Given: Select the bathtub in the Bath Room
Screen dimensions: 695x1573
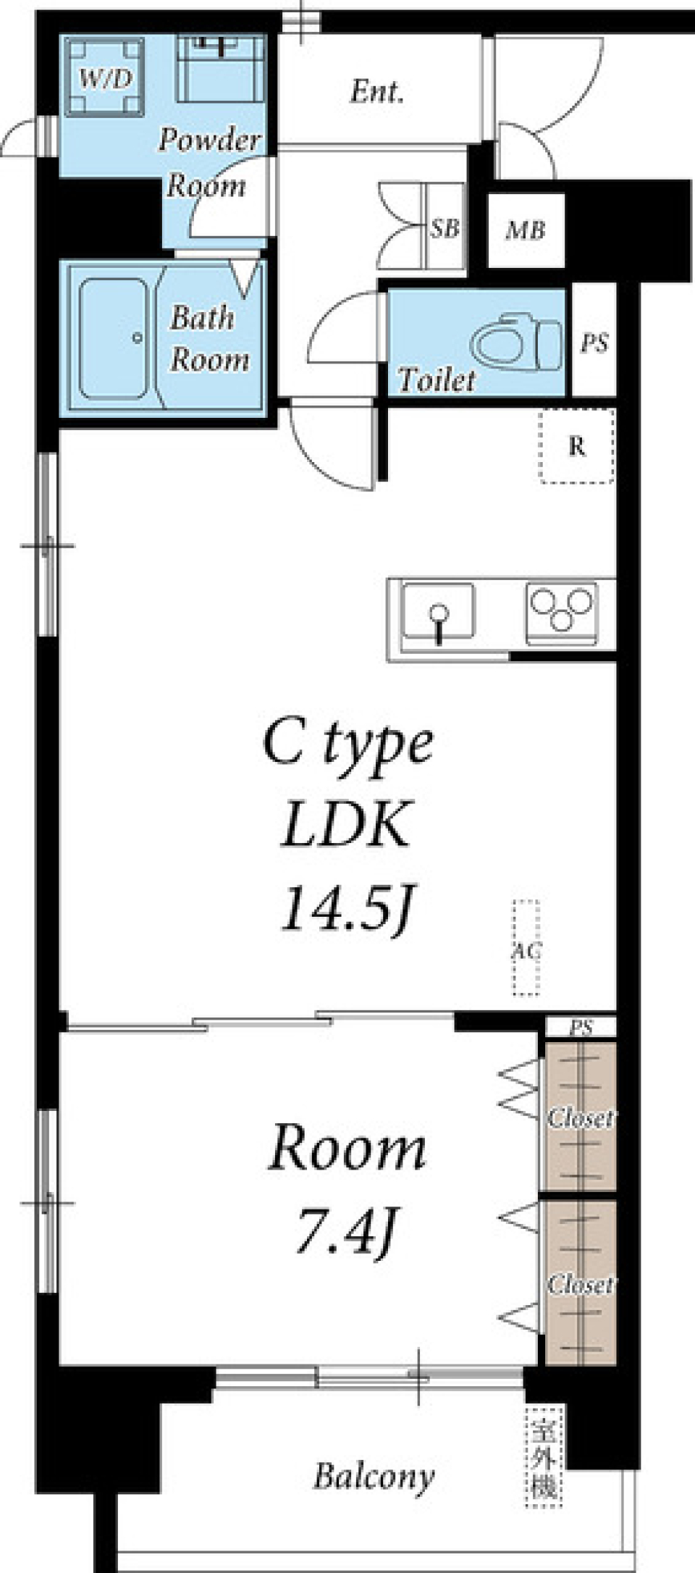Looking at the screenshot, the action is (x=114, y=339).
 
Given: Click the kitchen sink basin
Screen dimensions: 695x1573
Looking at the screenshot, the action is (x=439, y=612).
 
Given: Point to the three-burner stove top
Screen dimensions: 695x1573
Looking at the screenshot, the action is (x=562, y=613).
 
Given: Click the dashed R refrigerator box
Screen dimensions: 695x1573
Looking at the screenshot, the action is (x=577, y=445).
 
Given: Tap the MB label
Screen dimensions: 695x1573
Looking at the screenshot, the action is (x=525, y=231).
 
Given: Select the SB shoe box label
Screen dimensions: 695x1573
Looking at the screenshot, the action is (x=445, y=229).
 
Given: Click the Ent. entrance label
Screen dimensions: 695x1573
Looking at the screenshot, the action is (x=376, y=92).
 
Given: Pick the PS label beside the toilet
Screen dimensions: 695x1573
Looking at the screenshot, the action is (x=594, y=343).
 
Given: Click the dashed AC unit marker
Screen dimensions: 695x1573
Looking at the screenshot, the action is (x=526, y=947).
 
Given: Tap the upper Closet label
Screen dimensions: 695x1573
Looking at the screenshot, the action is (x=581, y=1117).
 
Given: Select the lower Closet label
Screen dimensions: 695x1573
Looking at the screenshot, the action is (x=581, y=1284).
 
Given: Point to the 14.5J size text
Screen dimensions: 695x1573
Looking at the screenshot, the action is (x=347, y=908).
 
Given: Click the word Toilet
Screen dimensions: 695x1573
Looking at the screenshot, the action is (x=437, y=379).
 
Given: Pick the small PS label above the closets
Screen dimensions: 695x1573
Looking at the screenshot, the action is (x=581, y=1028).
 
